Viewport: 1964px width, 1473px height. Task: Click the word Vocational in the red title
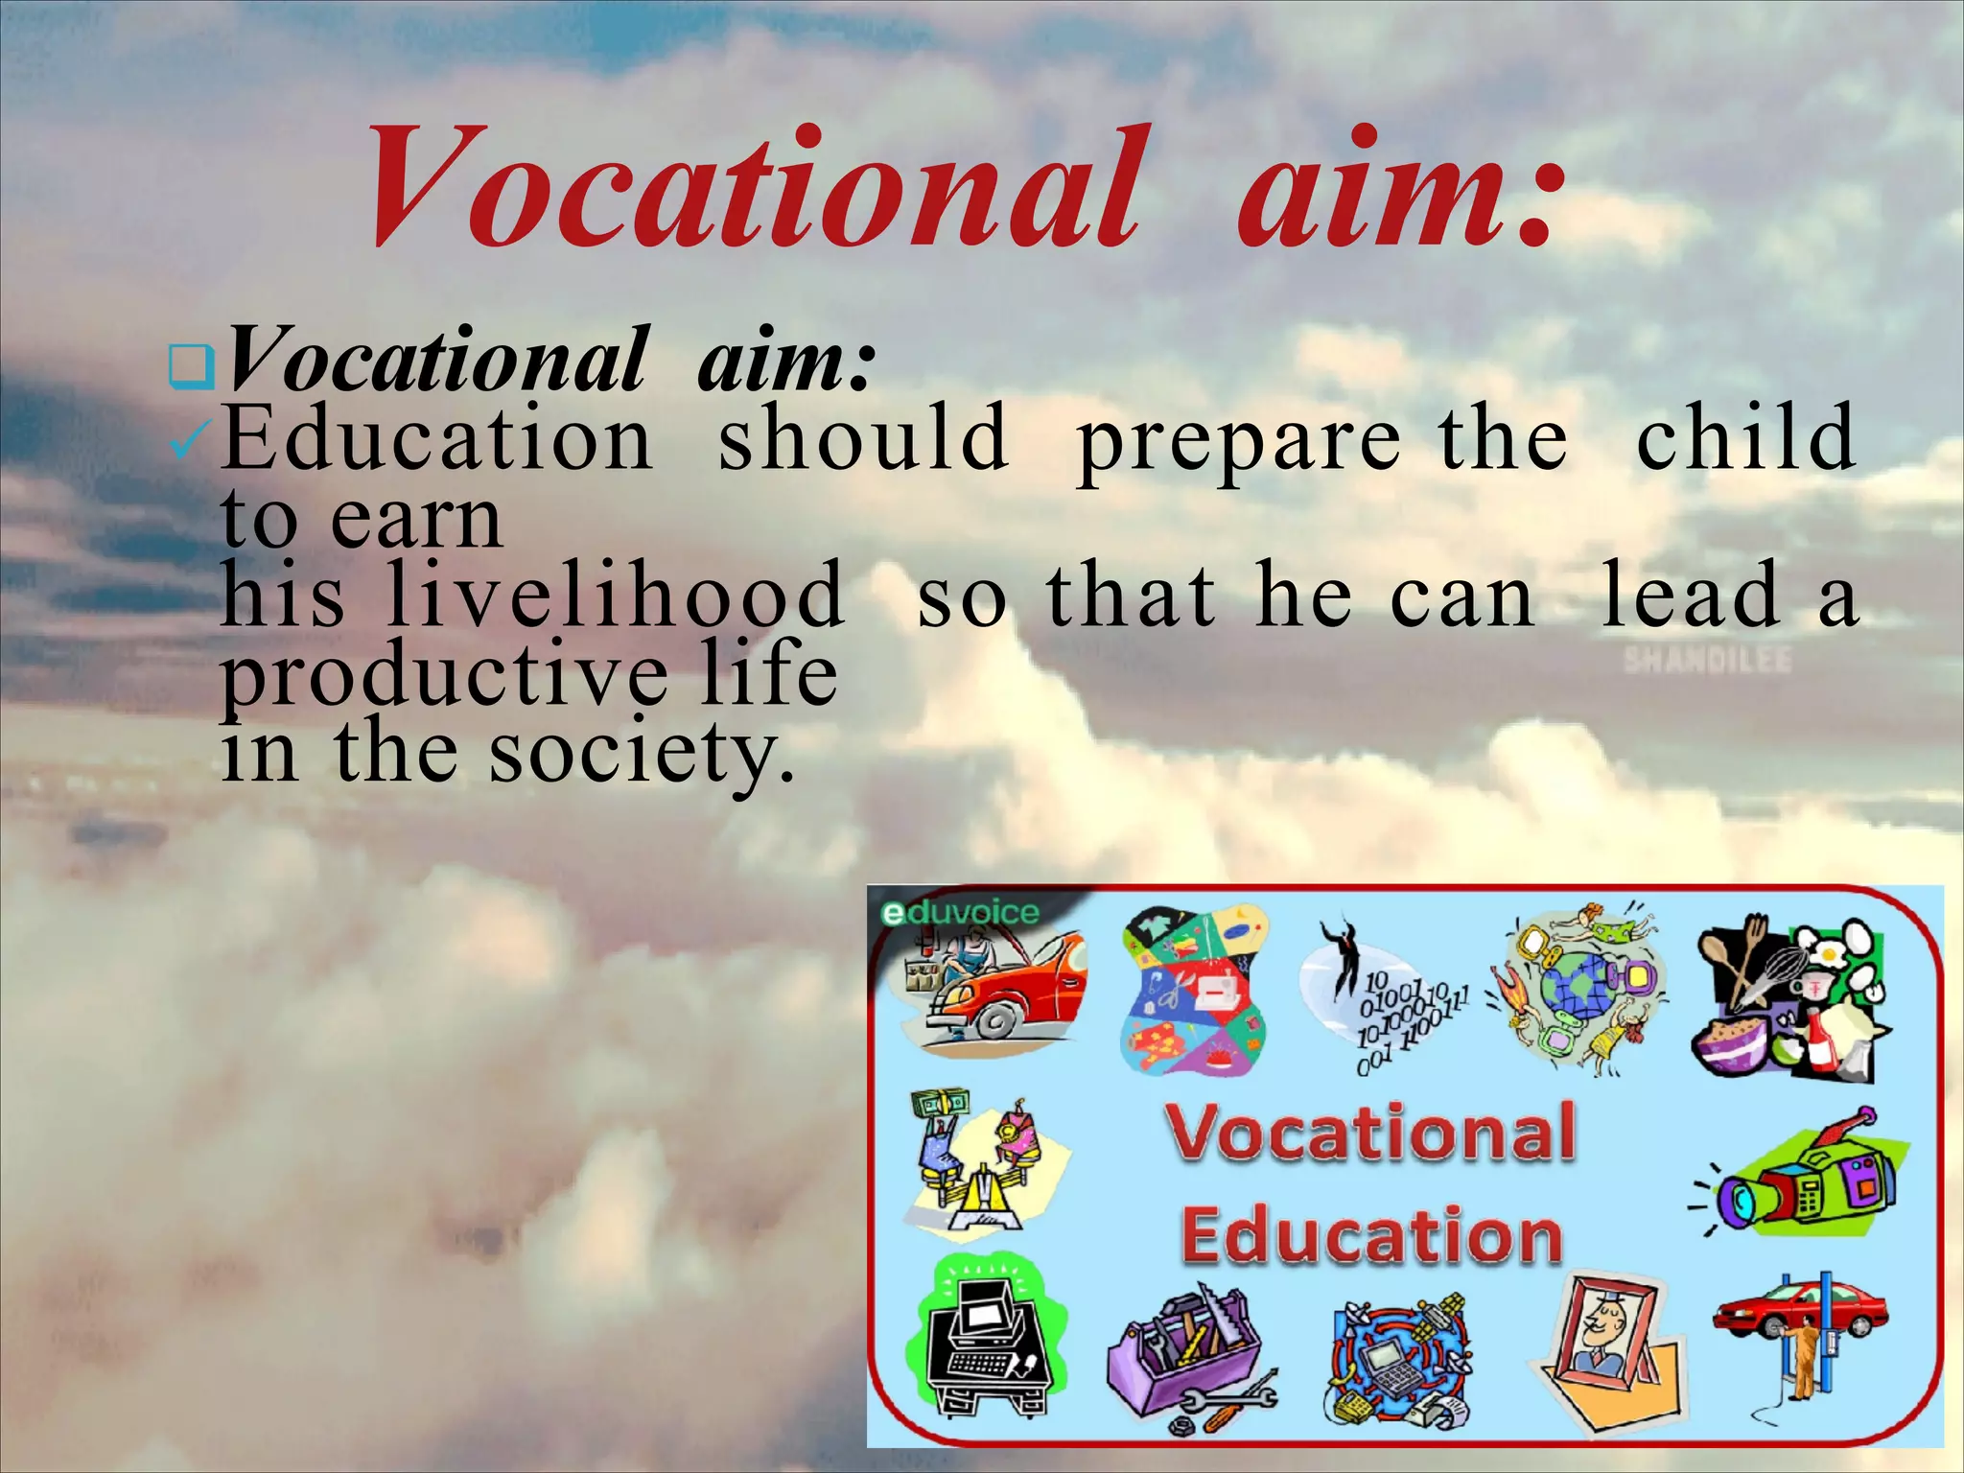754,187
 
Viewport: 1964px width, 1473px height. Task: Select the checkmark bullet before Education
183,443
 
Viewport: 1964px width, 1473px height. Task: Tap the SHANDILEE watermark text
1707,661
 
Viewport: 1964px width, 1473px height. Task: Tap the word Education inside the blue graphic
1371,1237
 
